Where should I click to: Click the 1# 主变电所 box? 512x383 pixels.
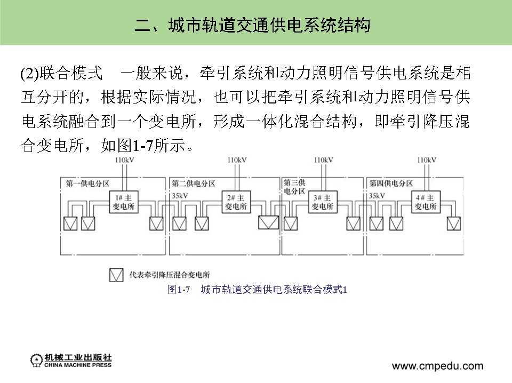click(x=124, y=201)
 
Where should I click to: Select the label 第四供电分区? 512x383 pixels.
click(x=391, y=183)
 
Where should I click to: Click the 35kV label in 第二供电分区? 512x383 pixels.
click(x=181, y=196)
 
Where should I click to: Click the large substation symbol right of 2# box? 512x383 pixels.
click(x=268, y=222)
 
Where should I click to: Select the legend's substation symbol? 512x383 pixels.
click(x=116, y=275)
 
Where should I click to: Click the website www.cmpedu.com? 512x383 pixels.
click(x=437, y=366)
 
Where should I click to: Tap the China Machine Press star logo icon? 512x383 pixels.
click(x=36, y=360)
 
